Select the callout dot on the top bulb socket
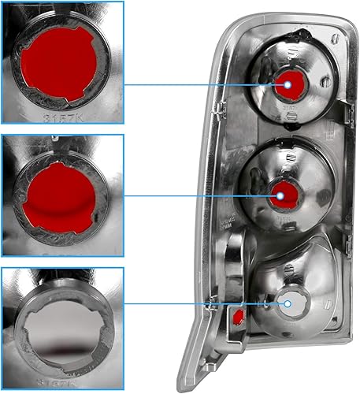click(x=288, y=84)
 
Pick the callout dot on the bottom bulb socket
click(x=288, y=303)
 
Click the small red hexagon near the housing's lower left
click(x=235, y=318)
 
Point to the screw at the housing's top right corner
click(x=334, y=36)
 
